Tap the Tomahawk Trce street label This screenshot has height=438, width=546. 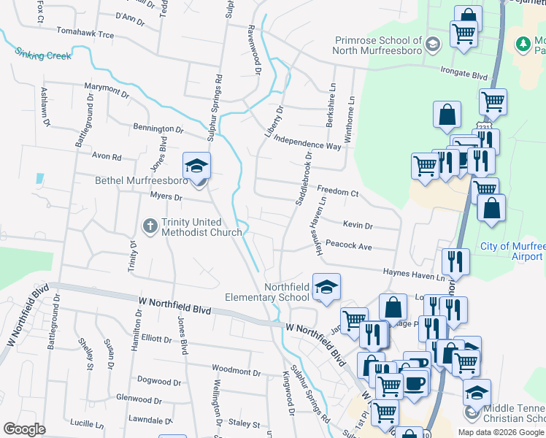(85, 34)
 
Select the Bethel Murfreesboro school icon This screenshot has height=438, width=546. (196, 167)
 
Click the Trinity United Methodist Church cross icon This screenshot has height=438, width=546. (150, 226)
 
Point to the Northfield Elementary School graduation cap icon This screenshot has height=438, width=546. (326, 288)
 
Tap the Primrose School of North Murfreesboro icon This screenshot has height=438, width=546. (432, 45)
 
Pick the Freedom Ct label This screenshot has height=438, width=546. (337, 193)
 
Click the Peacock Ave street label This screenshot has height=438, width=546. (349, 246)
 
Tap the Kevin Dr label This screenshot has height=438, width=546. (358, 226)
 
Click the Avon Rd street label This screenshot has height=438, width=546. (106, 155)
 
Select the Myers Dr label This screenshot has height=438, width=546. (165, 196)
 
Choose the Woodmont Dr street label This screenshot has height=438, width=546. (236, 371)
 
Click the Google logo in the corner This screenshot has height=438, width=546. (25, 429)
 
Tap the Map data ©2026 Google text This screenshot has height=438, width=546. (501, 432)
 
